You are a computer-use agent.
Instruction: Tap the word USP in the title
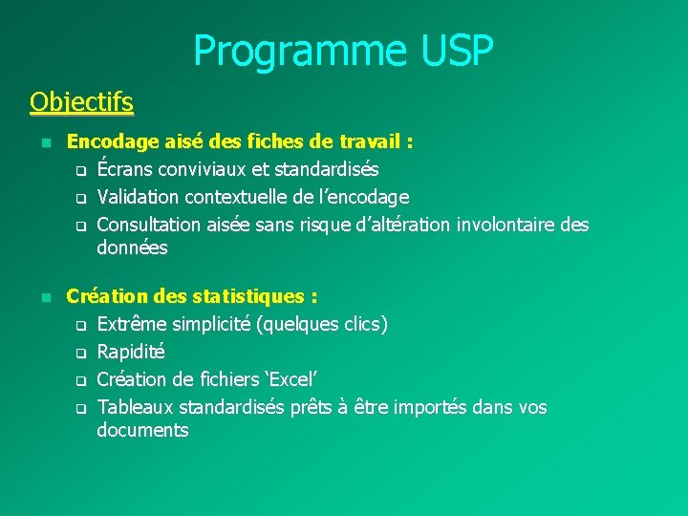[455, 52]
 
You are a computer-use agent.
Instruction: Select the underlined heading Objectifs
[81, 101]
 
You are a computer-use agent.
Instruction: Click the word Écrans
[125, 170]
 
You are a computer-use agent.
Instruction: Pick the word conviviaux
[201, 170]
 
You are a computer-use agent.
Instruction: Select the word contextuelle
[247, 198]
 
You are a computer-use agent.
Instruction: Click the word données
[132, 248]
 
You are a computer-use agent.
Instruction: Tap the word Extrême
[132, 324]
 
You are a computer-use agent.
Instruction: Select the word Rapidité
[131, 352]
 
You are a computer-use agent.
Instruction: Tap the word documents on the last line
[142, 431]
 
